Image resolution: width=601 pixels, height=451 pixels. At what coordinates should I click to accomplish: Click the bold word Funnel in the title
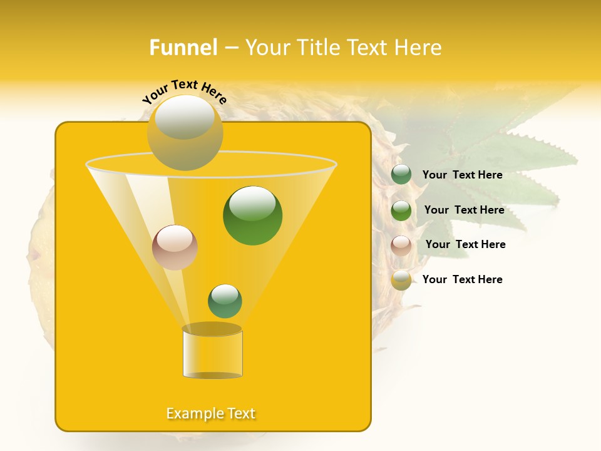[183, 48]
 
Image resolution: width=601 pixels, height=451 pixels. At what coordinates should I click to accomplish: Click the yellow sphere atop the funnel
[185, 132]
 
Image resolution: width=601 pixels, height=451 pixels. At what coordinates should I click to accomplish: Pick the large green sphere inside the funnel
[252, 215]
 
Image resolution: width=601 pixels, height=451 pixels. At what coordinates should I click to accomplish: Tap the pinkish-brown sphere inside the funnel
[175, 247]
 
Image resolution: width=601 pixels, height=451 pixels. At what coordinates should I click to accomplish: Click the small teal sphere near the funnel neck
[225, 301]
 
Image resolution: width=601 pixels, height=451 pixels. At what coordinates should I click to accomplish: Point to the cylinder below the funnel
[212, 354]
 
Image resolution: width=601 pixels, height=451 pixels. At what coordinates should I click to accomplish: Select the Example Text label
[211, 413]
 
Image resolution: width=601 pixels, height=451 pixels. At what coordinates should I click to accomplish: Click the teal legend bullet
[401, 175]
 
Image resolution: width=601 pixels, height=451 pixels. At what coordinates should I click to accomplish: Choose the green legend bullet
[401, 210]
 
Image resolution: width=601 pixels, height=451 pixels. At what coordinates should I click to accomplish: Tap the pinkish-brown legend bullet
[401, 245]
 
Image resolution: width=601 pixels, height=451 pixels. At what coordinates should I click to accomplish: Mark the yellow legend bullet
[401, 280]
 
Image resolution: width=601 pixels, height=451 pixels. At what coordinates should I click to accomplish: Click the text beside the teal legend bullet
[462, 175]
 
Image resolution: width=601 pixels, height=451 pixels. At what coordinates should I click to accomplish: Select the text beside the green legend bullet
[464, 210]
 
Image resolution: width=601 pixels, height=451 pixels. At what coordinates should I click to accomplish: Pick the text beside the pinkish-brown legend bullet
[465, 244]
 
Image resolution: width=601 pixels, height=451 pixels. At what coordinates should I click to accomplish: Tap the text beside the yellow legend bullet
[462, 279]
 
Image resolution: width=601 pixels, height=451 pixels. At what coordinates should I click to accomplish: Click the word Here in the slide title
[419, 48]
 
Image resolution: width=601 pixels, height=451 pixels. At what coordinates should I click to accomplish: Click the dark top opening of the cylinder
[212, 329]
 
